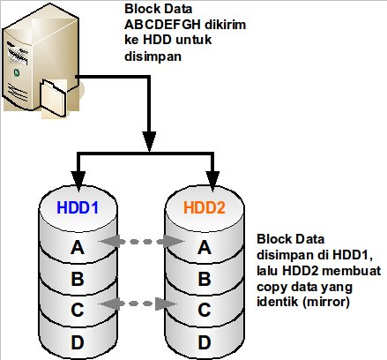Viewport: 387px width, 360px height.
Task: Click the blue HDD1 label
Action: click(78, 207)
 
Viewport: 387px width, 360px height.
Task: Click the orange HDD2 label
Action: click(205, 207)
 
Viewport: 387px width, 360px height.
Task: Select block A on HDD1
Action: click(78, 247)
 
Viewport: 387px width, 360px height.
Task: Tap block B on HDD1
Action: click(78, 279)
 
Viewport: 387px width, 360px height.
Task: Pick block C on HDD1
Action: click(78, 310)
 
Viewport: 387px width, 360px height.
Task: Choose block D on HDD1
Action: click(78, 342)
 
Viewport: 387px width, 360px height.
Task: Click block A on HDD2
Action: click(205, 247)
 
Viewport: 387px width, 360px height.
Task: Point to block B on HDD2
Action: click(205, 279)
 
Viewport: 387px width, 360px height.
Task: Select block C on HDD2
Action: click(205, 310)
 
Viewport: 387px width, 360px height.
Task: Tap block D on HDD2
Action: click(205, 342)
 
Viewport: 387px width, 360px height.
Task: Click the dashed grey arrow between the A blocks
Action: click(141, 242)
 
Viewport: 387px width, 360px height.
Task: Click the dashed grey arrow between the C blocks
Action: click(138, 304)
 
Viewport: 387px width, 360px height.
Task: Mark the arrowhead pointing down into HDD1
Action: click(78, 181)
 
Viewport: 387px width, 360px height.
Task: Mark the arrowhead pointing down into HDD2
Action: click(213, 179)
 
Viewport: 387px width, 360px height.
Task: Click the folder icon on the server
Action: click(54, 99)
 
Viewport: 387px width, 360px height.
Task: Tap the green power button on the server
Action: click(17, 72)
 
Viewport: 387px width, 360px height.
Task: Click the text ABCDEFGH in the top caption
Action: click(162, 25)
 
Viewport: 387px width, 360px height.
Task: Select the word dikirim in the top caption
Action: click(226, 25)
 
